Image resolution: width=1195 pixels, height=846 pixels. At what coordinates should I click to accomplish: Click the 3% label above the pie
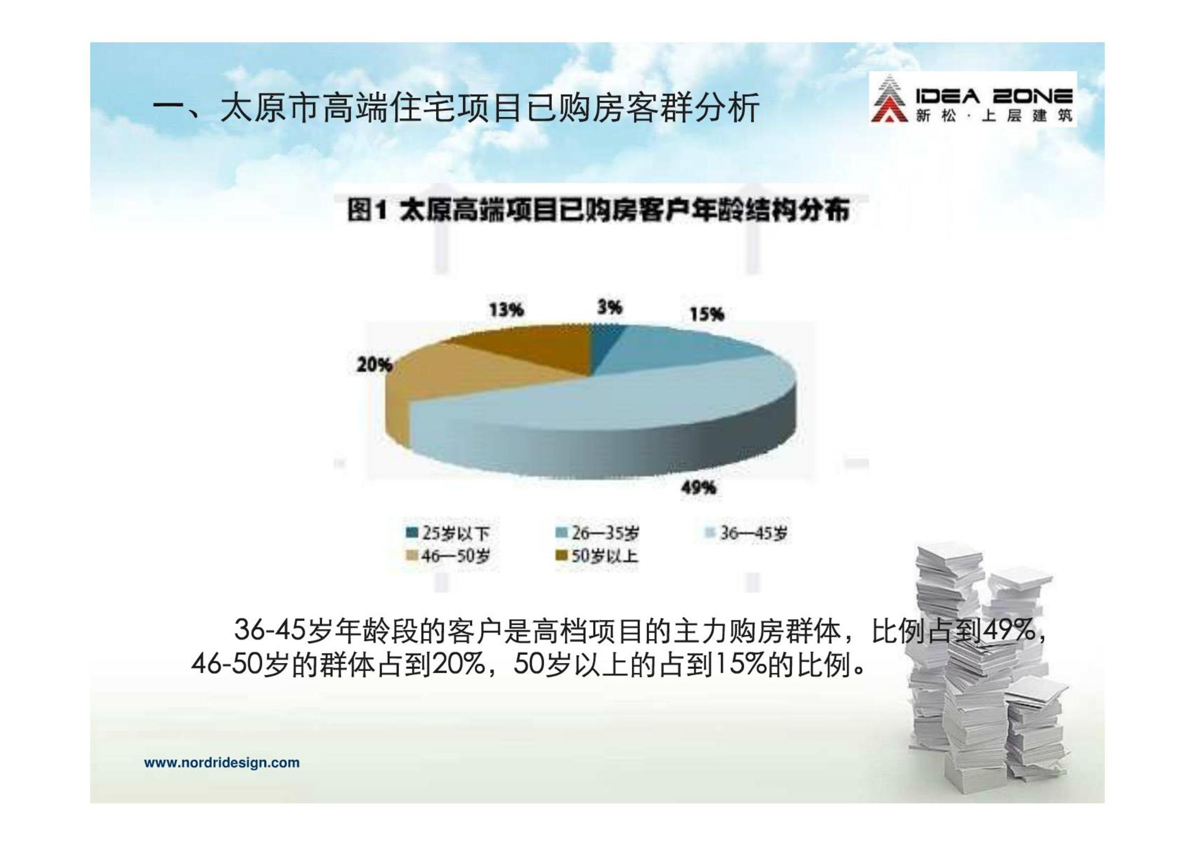pos(609,307)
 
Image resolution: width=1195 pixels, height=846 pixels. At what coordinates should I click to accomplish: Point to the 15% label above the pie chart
pos(706,314)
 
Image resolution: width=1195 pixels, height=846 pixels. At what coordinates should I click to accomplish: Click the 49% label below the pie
pos(698,487)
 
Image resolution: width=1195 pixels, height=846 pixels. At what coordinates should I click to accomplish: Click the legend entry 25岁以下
pos(447,533)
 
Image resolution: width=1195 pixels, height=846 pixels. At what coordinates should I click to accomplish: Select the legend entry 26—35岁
pos(597,533)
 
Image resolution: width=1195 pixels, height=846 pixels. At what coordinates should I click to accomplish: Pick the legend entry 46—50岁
pos(447,556)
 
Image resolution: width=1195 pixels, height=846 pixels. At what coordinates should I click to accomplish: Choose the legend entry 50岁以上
pos(597,556)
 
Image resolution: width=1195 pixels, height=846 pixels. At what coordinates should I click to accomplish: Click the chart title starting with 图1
pos(598,210)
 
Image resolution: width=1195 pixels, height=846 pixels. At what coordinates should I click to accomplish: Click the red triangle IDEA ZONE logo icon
pos(889,99)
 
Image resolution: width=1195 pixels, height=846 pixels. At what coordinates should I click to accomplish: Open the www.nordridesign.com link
pos(222,763)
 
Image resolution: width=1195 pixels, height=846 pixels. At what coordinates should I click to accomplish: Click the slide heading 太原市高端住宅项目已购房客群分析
pos(489,108)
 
